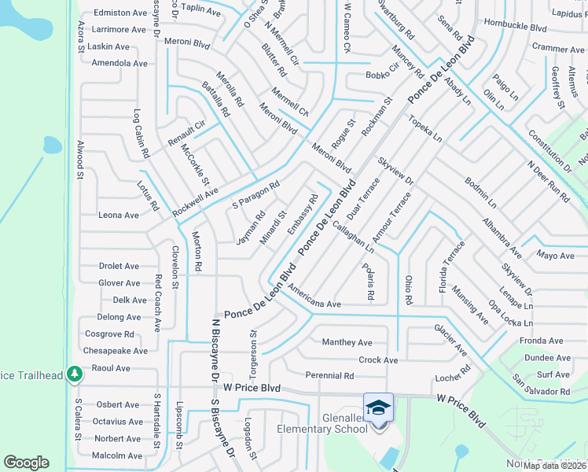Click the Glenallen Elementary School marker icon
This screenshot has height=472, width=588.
378,408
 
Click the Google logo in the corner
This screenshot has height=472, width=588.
26,463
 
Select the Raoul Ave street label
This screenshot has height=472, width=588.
111,368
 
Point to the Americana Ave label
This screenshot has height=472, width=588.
314,304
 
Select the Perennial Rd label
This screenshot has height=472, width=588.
329,376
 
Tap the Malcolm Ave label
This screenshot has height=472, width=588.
116,455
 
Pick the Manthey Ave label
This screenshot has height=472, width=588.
347,342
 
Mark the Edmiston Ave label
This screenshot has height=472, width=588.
120,13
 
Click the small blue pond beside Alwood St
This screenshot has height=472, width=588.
52,145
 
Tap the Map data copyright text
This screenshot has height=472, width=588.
554,466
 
